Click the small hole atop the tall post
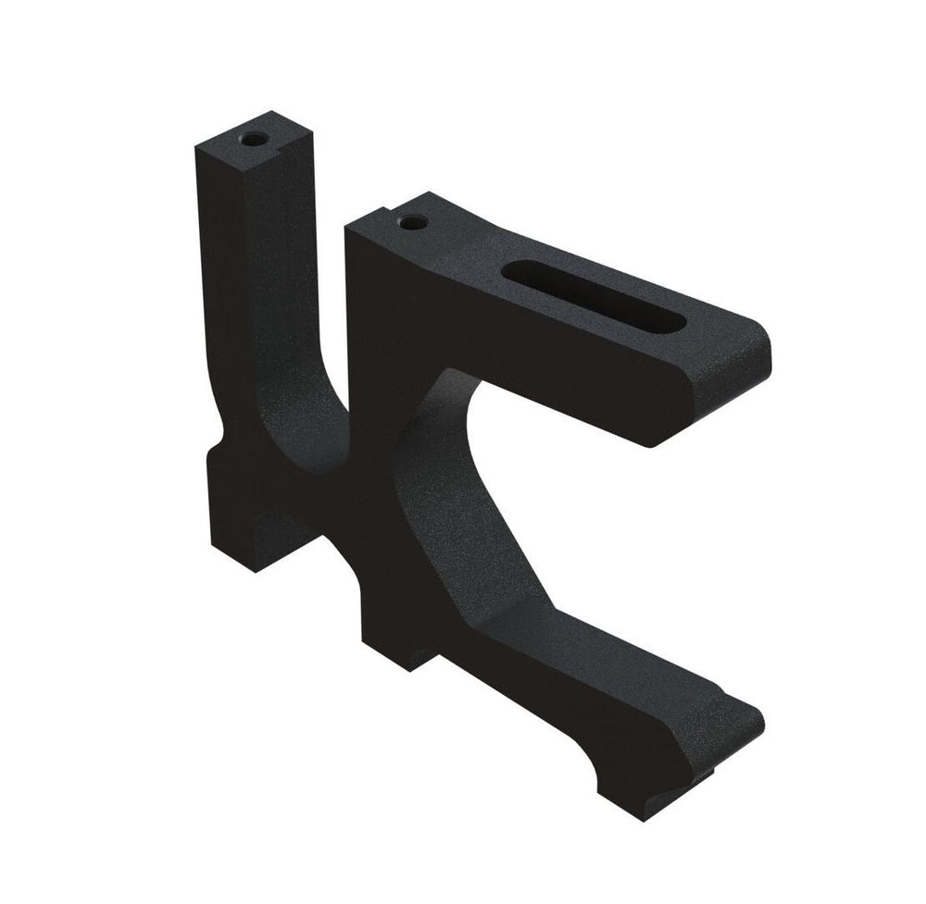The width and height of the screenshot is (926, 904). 252,140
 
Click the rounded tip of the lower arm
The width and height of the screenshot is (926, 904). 748,720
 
